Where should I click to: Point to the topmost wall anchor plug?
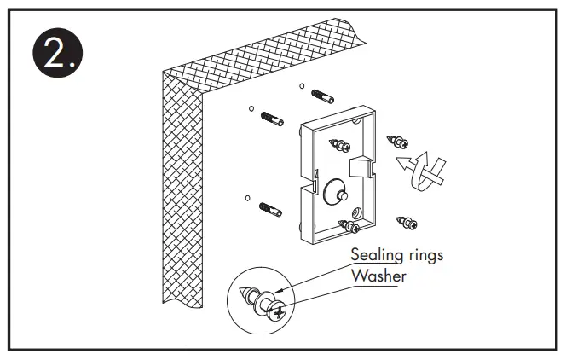pyautogui.click(x=325, y=92)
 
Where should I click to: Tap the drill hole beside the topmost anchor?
pyautogui.click(x=303, y=85)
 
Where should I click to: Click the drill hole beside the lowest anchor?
pyautogui.click(x=247, y=199)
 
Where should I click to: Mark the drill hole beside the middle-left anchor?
pyautogui.click(x=251, y=108)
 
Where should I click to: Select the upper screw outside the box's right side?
pyautogui.click(x=397, y=142)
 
